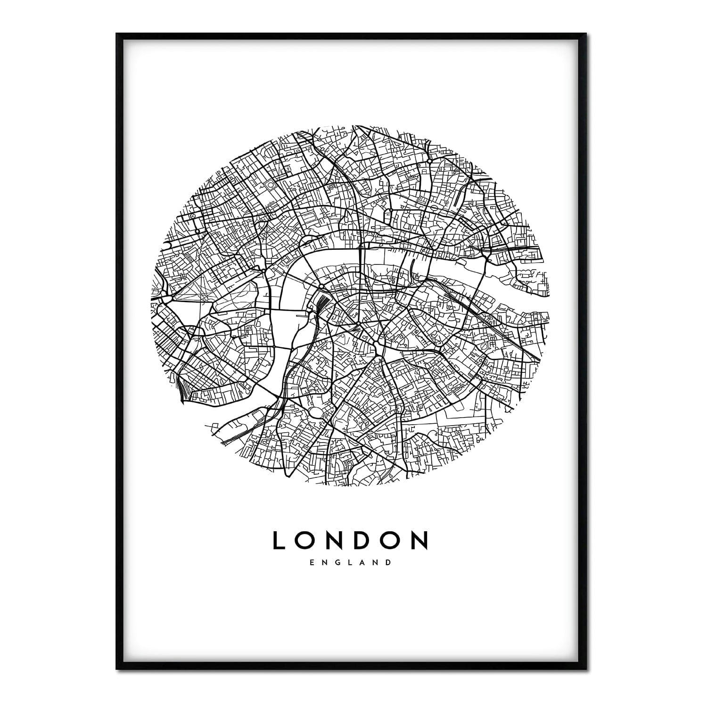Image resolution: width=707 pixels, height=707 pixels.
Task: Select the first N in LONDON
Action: pyautogui.click(x=337, y=541)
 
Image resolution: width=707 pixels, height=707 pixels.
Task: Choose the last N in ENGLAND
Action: pyautogui.click(x=376, y=562)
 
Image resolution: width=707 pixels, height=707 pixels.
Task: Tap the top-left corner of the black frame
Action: pyautogui.click(x=117, y=34)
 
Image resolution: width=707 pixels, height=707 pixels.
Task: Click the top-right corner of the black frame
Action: pyautogui.click(x=590, y=34)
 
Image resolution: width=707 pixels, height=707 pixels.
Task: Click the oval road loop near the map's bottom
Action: pyautogui.click(x=315, y=413)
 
